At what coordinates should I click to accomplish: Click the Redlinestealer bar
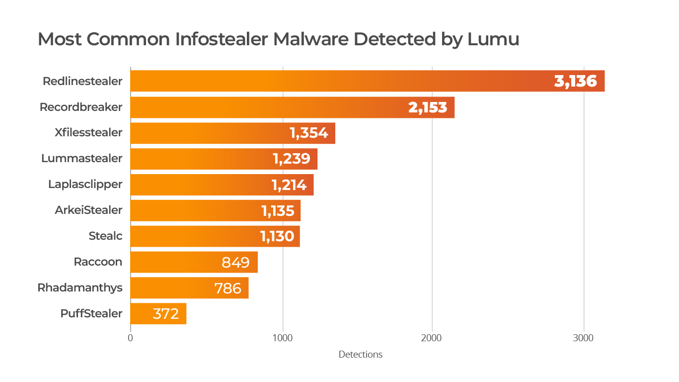(x=338, y=81)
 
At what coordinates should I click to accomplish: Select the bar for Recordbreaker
(x=268, y=107)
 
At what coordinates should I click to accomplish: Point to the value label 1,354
(x=309, y=133)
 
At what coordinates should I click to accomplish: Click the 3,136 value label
(x=576, y=81)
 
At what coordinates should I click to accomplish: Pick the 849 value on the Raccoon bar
(x=235, y=262)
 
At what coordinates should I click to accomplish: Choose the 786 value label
(x=227, y=288)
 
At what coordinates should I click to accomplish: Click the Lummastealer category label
(x=82, y=159)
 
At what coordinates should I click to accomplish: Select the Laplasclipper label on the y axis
(x=85, y=185)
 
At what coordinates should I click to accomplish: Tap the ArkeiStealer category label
(x=88, y=210)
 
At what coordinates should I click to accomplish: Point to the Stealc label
(x=105, y=236)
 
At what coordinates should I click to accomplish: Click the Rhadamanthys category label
(x=80, y=288)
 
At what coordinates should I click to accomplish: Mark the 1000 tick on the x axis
(x=283, y=338)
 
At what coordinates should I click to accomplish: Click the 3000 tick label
(x=584, y=338)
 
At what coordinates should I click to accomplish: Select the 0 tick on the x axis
(x=130, y=338)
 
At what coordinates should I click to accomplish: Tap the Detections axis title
(x=361, y=355)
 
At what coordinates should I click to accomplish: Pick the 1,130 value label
(x=277, y=236)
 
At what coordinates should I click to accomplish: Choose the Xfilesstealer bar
(x=209, y=133)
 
